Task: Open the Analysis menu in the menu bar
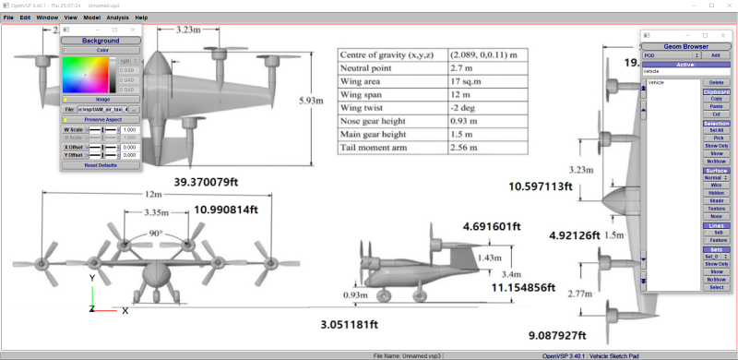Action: (x=117, y=18)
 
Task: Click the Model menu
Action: (x=92, y=18)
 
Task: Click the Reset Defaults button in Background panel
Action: (x=101, y=164)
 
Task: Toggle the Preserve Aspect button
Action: (x=101, y=119)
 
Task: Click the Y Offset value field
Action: (x=130, y=155)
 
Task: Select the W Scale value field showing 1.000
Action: (x=130, y=130)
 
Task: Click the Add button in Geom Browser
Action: (x=715, y=55)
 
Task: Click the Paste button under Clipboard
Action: (x=715, y=107)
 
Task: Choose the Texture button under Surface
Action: (x=715, y=207)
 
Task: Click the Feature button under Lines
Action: (x=715, y=240)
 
